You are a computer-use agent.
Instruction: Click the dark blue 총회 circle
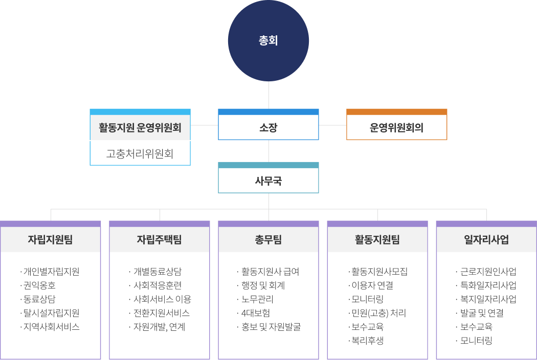pos(268,41)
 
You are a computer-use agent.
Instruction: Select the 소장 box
pos(268,124)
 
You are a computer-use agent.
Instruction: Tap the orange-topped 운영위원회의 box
pos(396,124)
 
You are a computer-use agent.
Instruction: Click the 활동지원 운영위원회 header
pos(140,127)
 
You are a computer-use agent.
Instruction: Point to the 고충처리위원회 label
pos(140,153)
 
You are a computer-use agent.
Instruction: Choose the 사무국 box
pos(268,177)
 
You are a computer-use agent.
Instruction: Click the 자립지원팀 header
pos(50,239)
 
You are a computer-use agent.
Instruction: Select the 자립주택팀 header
pos(159,239)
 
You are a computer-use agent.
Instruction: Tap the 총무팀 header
pos(268,239)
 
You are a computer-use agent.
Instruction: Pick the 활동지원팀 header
pos(377,239)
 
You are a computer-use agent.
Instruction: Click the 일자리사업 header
pos(486,239)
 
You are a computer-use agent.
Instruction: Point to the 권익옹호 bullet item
pos(38,285)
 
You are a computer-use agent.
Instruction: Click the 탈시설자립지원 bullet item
pos(50,313)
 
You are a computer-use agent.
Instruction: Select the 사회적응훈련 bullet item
pos(155,285)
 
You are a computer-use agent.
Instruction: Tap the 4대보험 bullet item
pos(254,313)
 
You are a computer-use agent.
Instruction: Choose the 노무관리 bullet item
pos(255,299)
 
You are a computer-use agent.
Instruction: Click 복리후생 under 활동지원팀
pos(366,341)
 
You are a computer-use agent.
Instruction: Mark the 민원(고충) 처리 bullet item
pos(377,313)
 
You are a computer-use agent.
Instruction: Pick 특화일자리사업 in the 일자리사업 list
pos(486,285)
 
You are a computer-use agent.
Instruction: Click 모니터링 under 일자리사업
pos(474,341)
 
